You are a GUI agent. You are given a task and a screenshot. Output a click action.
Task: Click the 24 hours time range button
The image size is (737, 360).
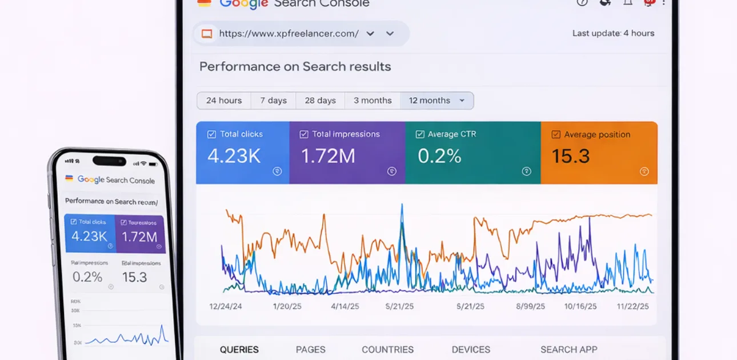(x=224, y=101)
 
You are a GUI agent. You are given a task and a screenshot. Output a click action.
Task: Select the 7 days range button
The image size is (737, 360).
(x=274, y=101)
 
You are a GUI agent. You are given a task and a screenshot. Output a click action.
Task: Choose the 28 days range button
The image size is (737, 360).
(x=320, y=101)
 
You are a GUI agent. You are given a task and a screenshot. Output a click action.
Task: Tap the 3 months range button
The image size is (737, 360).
(x=372, y=101)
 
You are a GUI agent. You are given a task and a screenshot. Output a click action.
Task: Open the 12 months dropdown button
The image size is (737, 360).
(x=436, y=101)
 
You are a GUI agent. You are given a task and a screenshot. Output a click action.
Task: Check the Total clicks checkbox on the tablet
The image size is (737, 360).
(x=211, y=134)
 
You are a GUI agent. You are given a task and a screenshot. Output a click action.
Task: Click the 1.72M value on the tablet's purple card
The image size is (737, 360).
(x=328, y=156)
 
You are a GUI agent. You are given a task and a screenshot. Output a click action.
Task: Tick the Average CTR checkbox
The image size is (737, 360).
(x=420, y=134)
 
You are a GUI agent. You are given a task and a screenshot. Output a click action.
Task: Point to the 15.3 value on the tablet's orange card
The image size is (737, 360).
(x=571, y=156)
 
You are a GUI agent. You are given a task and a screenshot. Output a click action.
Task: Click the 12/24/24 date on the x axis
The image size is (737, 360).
(x=226, y=306)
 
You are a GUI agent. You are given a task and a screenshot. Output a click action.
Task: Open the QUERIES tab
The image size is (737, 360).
(x=239, y=350)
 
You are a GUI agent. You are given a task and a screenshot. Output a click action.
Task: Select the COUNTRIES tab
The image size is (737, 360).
(x=387, y=350)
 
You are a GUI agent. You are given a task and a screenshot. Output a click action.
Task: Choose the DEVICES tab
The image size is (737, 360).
(x=471, y=350)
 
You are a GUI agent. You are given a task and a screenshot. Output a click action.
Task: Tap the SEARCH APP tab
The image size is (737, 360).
(x=568, y=350)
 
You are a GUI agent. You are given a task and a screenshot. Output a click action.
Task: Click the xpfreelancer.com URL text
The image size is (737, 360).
(x=289, y=34)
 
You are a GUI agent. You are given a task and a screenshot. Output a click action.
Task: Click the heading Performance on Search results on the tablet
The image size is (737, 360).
(x=295, y=67)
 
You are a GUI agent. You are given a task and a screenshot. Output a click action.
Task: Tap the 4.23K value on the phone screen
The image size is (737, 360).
(x=89, y=236)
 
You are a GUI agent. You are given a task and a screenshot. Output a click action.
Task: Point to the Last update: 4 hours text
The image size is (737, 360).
(x=613, y=34)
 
